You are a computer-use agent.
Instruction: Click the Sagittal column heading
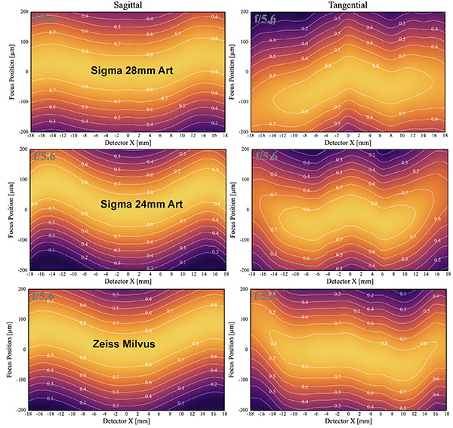pyautogui.click(x=127, y=5)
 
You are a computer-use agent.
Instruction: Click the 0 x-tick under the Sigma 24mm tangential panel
pyautogui.click(x=348, y=275)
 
